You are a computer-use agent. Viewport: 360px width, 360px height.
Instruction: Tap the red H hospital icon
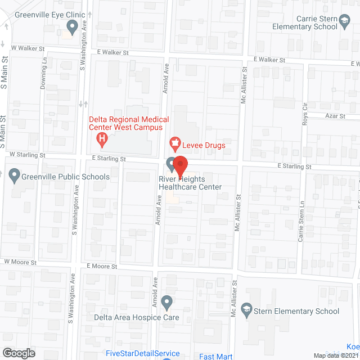(102, 138)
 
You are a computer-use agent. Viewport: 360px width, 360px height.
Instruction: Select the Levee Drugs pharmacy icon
(174, 145)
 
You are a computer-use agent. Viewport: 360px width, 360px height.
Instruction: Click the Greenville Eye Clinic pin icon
(71, 26)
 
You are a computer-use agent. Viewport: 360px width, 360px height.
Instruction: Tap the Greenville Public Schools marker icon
(15, 176)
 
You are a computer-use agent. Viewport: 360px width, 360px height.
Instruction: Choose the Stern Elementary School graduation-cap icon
(246, 310)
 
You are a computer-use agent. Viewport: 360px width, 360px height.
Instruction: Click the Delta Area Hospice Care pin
(166, 303)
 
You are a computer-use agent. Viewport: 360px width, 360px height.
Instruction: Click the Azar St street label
(335, 115)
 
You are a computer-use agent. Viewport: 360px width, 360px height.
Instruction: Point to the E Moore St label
(102, 265)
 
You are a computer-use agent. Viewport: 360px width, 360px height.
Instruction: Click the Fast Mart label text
(216, 355)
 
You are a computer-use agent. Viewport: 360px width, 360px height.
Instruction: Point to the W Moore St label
(20, 262)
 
